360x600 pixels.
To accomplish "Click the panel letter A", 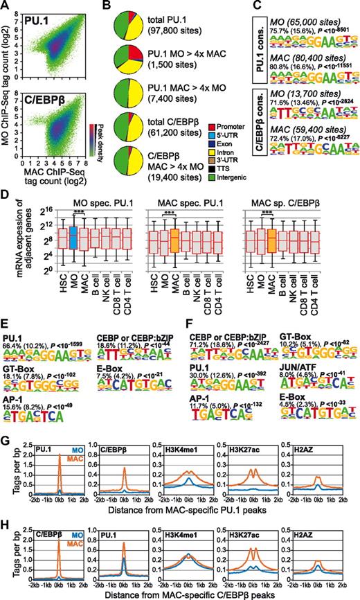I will (6, 6).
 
